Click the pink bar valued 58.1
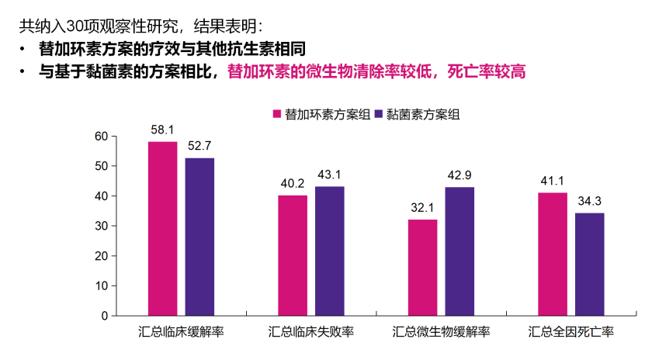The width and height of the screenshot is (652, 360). coord(162,229)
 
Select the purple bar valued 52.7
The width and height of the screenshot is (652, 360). coord(199,237)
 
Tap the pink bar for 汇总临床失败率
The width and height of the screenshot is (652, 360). coord(293,255)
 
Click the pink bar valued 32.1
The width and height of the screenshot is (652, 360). coord(422,267)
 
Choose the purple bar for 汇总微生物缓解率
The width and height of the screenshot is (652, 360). coord(460,251)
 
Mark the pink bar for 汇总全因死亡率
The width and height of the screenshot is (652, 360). coord(553,254)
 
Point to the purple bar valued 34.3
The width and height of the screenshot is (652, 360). coord(590,264)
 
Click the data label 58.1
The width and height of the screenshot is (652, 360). coord(162,130)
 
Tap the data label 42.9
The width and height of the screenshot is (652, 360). coord(460,175)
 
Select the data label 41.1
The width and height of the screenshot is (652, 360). coord(553,181)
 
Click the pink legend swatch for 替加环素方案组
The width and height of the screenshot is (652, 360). coord(277,114)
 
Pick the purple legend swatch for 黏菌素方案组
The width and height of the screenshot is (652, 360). coord(380,114)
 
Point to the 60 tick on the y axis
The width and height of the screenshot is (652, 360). coord(101,137)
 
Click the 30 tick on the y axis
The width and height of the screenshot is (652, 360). coord(101,226)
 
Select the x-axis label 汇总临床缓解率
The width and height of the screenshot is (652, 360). coord(181,332)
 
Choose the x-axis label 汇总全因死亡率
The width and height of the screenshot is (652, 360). coord(571,332)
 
